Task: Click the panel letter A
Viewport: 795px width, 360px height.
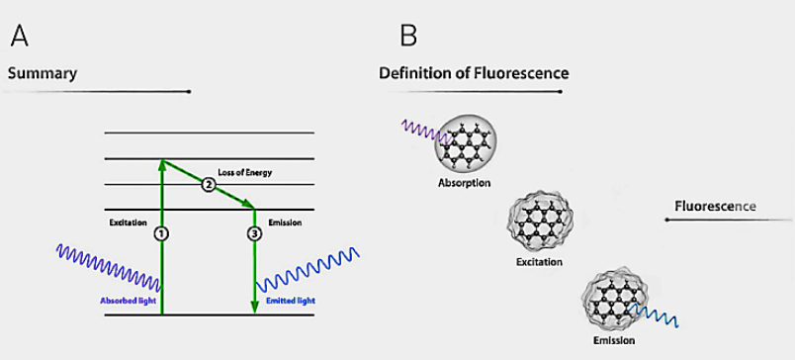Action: point(19,36)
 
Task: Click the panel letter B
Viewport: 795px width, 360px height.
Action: point(408,36)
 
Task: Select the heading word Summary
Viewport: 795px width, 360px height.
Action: point(43,74)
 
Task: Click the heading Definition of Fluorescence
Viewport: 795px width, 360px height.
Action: point(474,73)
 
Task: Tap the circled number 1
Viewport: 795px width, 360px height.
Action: point(161,233)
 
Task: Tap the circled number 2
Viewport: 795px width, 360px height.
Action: point(208,185)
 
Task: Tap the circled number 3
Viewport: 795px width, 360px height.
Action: point(254,233)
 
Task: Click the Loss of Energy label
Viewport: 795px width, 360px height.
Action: point(245,172)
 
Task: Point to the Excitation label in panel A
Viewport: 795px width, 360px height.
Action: point(128,223)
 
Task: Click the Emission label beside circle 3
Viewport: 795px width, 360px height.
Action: point(285,223)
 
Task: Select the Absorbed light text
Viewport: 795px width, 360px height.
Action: point(128,301)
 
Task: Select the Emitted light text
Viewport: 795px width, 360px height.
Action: point(291,301)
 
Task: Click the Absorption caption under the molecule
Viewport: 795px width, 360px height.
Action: point(465,183)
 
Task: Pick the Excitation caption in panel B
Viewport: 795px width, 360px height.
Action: point(539,262)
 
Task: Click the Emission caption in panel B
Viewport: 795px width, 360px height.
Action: point(613,340)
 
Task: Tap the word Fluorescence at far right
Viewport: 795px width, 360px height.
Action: point(715,207)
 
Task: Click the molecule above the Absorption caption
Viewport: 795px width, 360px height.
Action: point(466,144)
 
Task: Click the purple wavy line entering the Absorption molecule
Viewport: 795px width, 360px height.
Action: point(426,132)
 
